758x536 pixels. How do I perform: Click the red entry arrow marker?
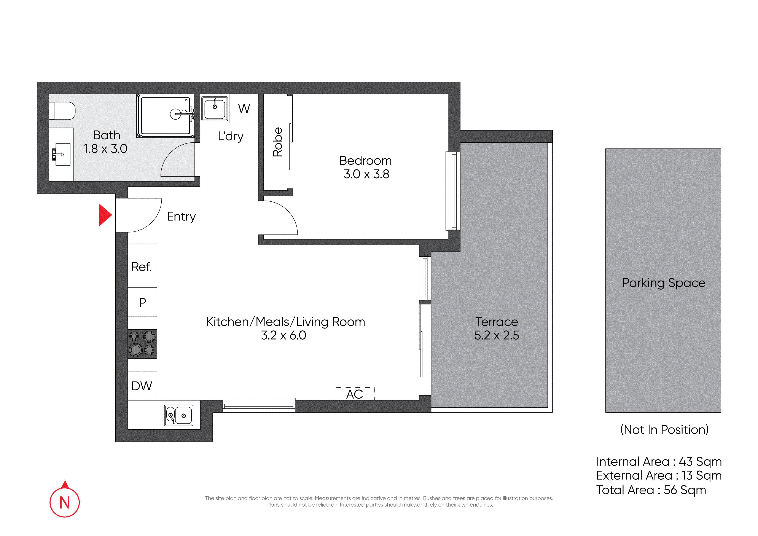[x=105, y=215]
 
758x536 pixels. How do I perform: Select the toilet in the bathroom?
[x=62, y=111]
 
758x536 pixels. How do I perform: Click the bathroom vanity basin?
[x=62, y=154]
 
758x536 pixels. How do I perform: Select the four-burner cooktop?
[x=142, y=344]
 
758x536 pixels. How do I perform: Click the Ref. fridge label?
[x=141, y=267]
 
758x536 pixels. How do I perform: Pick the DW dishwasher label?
[x=142, y=386]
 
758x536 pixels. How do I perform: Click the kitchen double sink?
[x=179, y=415]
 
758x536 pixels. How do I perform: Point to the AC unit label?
[x=355, y=394]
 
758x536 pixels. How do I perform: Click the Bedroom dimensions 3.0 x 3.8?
[x=366, y=174]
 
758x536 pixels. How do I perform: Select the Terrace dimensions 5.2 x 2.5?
[x=497, y=335]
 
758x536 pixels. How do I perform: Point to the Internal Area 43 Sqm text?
[x=659, y=462]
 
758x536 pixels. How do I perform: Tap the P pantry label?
[x=143, y=302]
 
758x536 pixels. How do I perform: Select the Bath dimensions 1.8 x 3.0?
[x=105, y=149]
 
